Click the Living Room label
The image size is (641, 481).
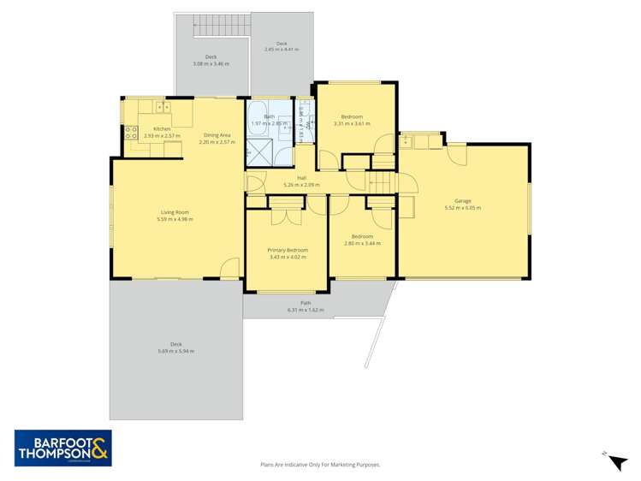click(x=175, y=212)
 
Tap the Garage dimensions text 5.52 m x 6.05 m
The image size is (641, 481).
click(x=458, y=208)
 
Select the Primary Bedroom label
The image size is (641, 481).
click(x=288, y=250)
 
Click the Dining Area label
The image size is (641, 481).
click(x=217, y=134)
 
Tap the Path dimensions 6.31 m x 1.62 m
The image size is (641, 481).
click(x=306, y=309)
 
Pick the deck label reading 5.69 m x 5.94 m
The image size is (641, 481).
click(x=175, y=351)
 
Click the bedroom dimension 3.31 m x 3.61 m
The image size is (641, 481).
click(x=352, y=123)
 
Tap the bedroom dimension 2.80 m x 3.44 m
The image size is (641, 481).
click(x=361, y=243)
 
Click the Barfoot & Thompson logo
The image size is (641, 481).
click(x=62, y=447)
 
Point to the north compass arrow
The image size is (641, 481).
click(x=616, y=462)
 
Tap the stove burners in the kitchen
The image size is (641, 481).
click(x=132, y=133)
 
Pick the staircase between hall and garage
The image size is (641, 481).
click(x=382, y=181)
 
